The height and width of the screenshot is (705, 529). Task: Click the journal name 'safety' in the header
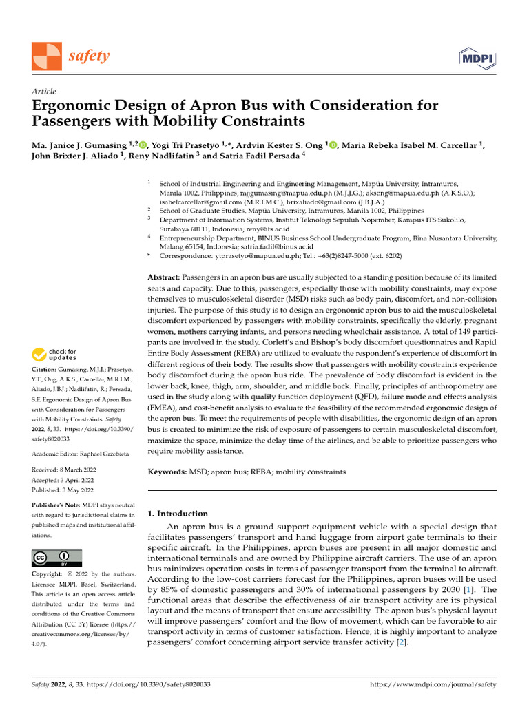pos(89,56)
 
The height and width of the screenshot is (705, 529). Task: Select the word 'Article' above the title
pos(44,92)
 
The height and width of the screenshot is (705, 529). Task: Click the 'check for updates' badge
pos(54,355)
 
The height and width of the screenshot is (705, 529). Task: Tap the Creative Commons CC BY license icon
pos(56,557)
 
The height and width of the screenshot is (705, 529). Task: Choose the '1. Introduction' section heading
pos(178,514)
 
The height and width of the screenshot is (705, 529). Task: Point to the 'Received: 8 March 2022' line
pos(63,470)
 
